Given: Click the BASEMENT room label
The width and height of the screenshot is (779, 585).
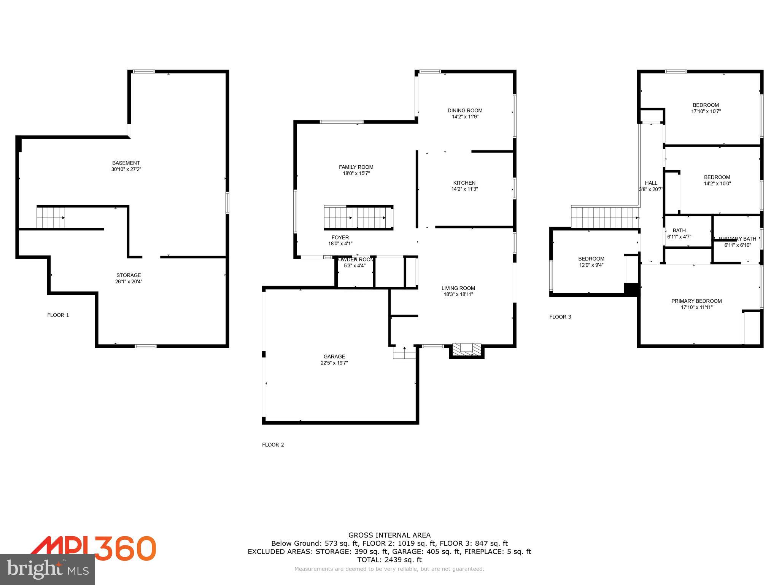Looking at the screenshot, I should click(x=126, y=163).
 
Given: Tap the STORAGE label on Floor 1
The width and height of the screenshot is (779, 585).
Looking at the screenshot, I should click(x=129, y=275).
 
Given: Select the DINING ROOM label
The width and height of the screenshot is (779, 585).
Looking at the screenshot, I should click(x=465, y=111).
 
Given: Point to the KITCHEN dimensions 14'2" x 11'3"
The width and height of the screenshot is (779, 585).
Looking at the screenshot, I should click(x=464, y=189).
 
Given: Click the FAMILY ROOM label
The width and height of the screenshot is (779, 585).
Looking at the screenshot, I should click(x=356, y=167).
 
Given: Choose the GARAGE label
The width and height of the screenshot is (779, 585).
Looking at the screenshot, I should click(x=334, y=357).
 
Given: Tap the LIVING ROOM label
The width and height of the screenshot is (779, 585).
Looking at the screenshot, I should click(x=458, y=288).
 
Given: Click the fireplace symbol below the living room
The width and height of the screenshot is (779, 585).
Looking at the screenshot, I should click(x=466, y=350).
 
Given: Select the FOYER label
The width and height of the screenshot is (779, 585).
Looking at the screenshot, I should click(x=340, y=238).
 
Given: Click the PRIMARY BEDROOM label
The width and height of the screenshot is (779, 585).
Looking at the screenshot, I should click(x=696, y=301).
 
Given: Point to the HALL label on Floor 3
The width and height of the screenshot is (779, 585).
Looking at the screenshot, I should click(x=651, y=183).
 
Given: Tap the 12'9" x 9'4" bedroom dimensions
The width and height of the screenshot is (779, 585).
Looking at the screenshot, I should click(x=591, y=265).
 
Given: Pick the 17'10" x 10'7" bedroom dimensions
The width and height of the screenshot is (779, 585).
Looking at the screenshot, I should click(x=706, y=112).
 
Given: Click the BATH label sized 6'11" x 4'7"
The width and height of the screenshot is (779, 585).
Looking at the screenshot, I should click(x=679, y=230).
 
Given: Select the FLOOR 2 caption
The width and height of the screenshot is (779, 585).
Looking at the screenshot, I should click(x=273, y=445).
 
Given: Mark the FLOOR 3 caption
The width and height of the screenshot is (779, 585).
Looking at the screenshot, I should click(x=560, y=317).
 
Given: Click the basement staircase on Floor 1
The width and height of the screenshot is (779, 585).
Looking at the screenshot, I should click(x=51, y=217).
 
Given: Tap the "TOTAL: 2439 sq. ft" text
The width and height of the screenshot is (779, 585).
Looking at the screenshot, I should click(x=389, y=560).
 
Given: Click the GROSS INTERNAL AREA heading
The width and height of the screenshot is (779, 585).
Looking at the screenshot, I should click(x=389, y=535).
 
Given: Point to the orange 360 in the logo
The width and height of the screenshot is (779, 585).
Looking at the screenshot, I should click(x=126, y=548).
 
